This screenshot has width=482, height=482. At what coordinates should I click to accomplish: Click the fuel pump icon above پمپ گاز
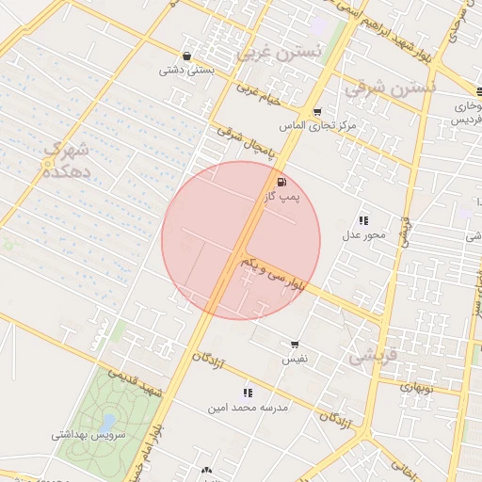click(x=281, y=182)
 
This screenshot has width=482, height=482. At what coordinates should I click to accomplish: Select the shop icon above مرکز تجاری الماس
click(x=316, y=111)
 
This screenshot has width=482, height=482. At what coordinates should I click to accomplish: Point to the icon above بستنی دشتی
click(x=187, y=55)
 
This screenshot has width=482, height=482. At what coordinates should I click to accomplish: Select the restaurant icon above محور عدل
click(x=363, y=219)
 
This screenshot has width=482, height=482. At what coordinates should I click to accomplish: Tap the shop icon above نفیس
click(x=295, y=345)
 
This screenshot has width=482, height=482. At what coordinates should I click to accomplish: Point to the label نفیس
click(x=295, y=360)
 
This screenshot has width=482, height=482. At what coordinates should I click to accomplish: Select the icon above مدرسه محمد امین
click(x=248, y=393)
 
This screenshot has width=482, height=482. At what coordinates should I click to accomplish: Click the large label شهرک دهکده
click(x=66, y=159)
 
